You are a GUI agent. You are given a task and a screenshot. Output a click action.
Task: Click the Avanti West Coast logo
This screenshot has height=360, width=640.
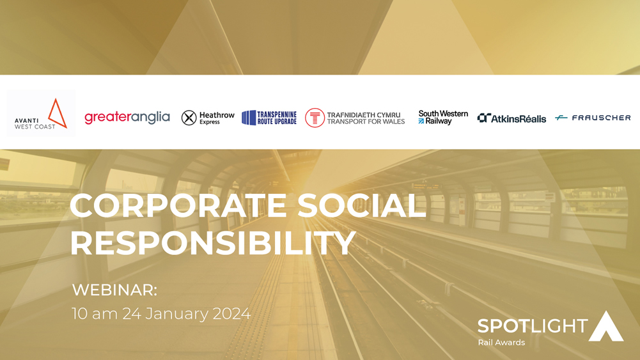(41, 113)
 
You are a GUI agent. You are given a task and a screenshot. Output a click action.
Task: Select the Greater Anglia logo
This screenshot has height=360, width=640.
(127, 118)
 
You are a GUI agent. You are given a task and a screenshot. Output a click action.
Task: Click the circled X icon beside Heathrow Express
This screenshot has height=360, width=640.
(189, 118)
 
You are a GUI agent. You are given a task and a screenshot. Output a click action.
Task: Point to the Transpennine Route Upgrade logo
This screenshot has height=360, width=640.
(269, 118)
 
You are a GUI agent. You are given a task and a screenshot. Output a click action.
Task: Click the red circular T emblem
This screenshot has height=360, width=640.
(315, 118)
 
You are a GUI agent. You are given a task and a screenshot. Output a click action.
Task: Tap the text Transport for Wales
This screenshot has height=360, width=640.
(366, 121)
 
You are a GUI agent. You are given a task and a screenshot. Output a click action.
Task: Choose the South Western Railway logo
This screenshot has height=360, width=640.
(443, 117)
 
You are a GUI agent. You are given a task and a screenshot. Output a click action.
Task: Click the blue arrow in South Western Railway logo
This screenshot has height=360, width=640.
(421, 121)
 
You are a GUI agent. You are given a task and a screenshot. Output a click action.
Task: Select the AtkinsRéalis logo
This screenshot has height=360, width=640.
(511, 118)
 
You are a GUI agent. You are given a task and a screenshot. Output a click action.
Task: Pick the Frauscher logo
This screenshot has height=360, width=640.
(593, 118)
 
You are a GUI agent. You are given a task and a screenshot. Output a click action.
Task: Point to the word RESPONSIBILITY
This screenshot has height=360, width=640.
(213, 243)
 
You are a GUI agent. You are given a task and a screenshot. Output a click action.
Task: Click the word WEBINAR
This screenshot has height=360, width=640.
(114, 290)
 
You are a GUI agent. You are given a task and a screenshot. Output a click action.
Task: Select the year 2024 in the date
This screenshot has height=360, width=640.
(231, 313)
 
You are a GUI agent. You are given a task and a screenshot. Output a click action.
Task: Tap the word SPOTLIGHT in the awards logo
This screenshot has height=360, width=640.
(533, 326)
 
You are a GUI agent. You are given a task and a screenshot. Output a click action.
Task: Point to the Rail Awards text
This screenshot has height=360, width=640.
(502, 343)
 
